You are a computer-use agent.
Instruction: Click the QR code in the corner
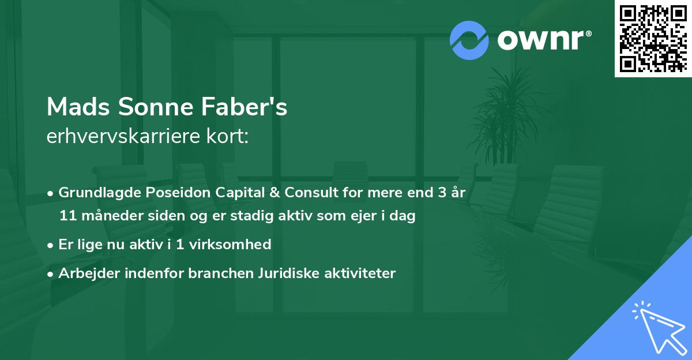click(653, 38)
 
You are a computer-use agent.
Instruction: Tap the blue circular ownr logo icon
click(469, 40)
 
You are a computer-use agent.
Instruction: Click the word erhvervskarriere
click(118, 137)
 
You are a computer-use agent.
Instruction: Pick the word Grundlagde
click(95, 193)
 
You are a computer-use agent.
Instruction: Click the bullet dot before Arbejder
click(51, 273)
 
